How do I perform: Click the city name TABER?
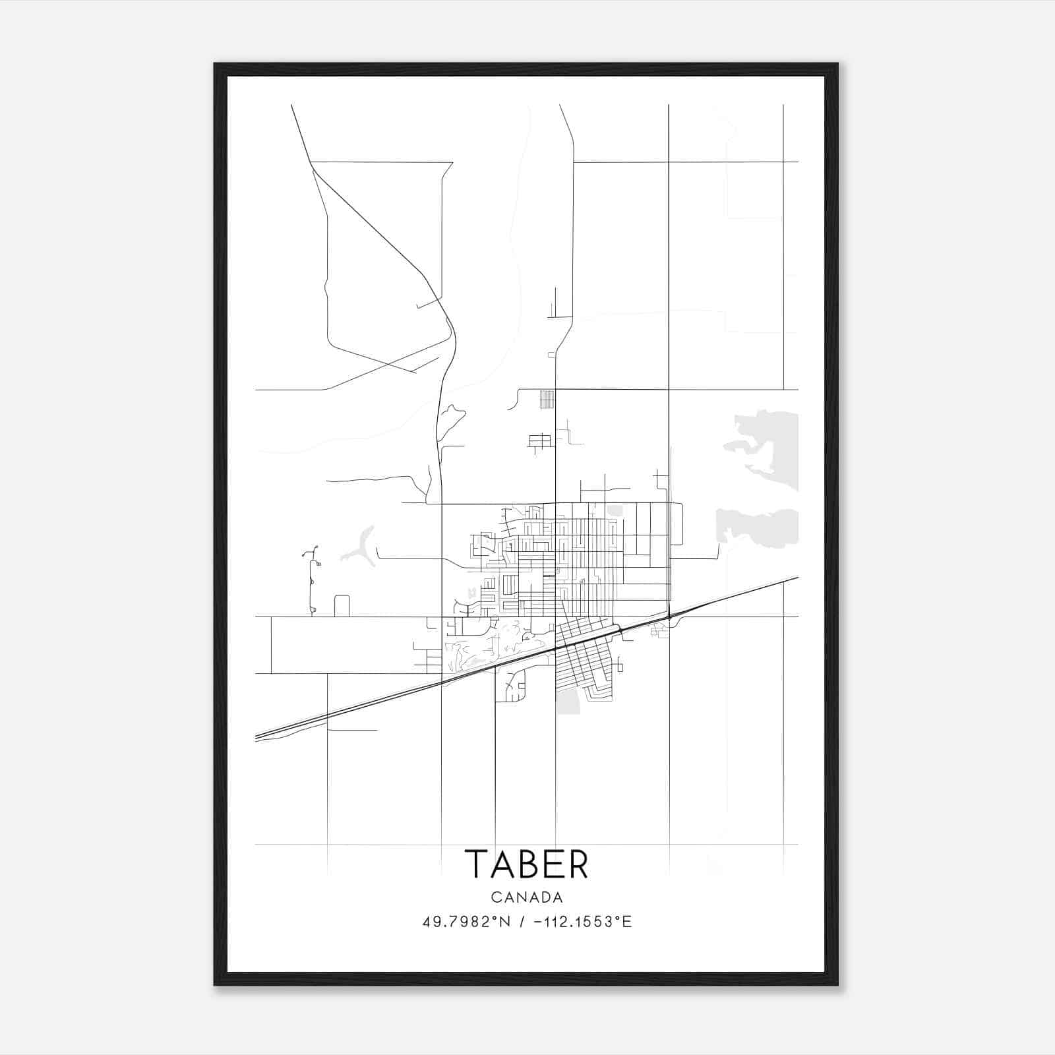click(526, 864)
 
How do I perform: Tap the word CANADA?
click(527, 897)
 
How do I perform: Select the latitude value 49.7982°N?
click(467, 922)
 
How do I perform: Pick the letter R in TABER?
click(576, 864)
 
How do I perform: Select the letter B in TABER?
click(527, 864)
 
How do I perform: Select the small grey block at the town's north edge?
click(615, 510)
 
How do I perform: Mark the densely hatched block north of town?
click(547, 400)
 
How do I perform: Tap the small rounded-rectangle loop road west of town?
click(342, 605)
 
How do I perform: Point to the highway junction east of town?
click(669, 617)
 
